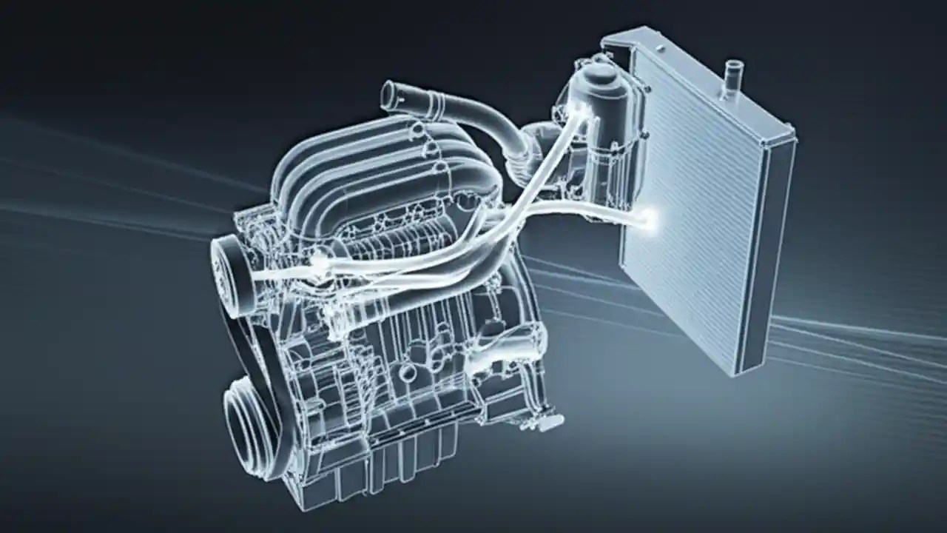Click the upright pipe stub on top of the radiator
(734, 73)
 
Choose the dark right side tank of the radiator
(769, 252)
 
